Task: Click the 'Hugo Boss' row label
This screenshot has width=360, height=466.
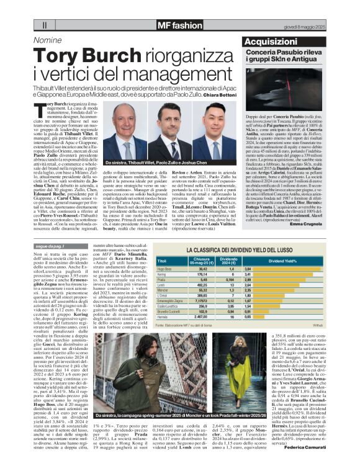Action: (x=165, y=269)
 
